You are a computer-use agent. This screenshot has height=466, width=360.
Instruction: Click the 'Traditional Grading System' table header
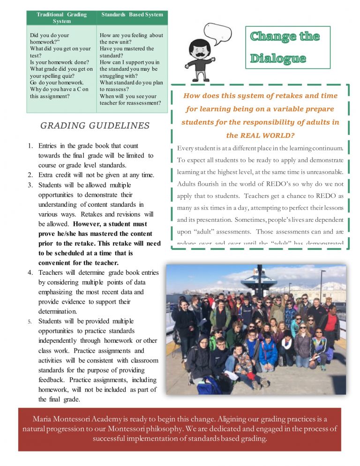coord(61,18)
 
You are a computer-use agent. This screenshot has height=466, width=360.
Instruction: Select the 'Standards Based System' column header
coord(132,15)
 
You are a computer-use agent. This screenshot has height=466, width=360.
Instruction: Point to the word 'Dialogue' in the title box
coord(278,59)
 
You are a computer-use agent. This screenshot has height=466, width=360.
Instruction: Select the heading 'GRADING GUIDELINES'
coord(95,126)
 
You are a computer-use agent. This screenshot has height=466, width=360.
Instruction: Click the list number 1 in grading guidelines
coord(30,146)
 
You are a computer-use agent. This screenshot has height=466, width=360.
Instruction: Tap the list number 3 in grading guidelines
coord(30,185)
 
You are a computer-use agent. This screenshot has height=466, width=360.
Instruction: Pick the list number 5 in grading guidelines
coord(30,321)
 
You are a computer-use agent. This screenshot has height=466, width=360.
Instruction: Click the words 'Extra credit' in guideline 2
coord(55,175)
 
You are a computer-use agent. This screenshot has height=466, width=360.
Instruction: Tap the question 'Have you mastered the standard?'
coord(127,52)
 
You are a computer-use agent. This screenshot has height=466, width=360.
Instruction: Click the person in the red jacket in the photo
coord(331,323)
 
